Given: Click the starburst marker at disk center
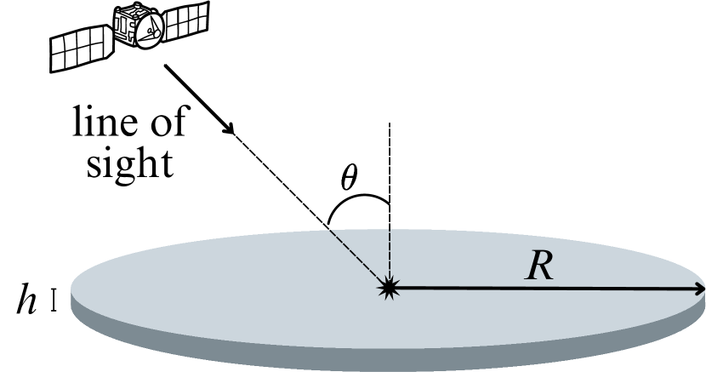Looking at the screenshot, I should click(390, 289).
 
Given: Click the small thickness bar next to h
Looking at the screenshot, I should click(54, 301).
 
